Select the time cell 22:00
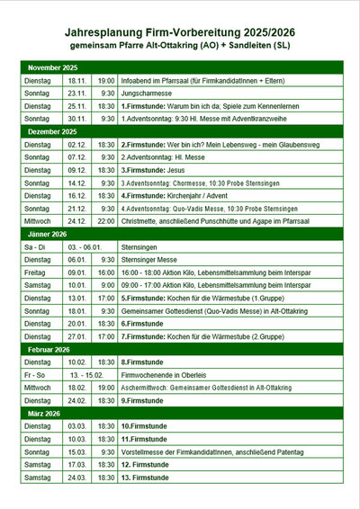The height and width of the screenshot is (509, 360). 106,219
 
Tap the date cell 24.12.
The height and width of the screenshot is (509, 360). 76,219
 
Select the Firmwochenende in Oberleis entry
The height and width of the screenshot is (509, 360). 172,374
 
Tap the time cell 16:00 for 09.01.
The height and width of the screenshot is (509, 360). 106,272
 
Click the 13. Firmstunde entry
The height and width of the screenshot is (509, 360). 148,477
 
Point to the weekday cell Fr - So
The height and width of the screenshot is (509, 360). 38,374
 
